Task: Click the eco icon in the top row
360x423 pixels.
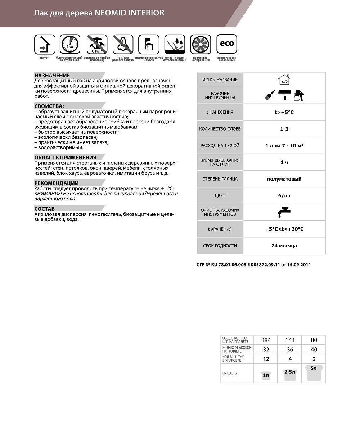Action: coord(226,44)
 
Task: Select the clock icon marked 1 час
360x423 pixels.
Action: coord(70,44)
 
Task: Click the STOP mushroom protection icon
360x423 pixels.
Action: coord(96,44)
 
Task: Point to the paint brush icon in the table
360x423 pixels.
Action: coord(269,95)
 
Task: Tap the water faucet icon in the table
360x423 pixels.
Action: coord(284,212)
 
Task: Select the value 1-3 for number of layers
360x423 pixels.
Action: coord(284,129)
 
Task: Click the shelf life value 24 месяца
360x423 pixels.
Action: coord(284,246)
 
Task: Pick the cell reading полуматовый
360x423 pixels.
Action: coord(284,179)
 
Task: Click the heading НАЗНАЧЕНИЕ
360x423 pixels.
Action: coord(52,75)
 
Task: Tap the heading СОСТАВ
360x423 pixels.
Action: coord(44,209)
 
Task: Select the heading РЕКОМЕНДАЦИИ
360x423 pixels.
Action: coord(56,183)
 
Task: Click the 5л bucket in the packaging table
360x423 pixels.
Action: coord(314,373)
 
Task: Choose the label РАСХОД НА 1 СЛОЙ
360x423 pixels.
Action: coord(220,146)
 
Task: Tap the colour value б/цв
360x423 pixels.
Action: coord(284,196)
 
